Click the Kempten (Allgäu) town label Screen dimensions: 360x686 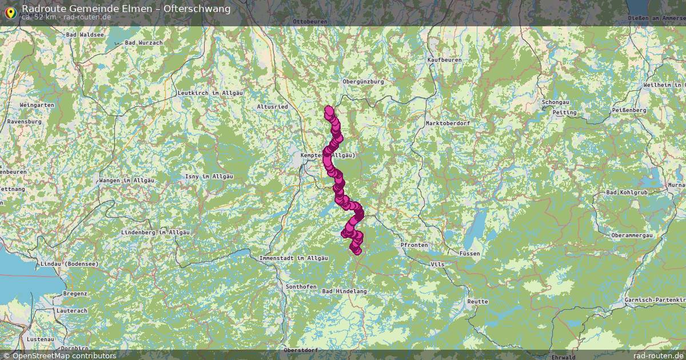coord(328,155)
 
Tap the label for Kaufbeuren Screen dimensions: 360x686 coord(444,59)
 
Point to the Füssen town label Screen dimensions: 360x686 coord(469,253)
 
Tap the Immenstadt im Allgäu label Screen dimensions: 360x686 coord(293,258)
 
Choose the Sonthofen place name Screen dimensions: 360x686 coord(301,287)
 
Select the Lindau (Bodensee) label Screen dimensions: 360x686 coord(69,264)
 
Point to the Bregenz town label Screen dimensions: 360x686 coord(75,293)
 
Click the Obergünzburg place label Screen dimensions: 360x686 coord(363,82)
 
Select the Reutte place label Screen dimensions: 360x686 coord(477,301)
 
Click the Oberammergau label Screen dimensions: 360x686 coord(634,235)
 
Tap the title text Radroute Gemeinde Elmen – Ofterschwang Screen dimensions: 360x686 coord(126,9)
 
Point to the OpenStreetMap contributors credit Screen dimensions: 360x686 coord(59,355)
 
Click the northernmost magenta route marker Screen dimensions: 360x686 coord(329,109)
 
